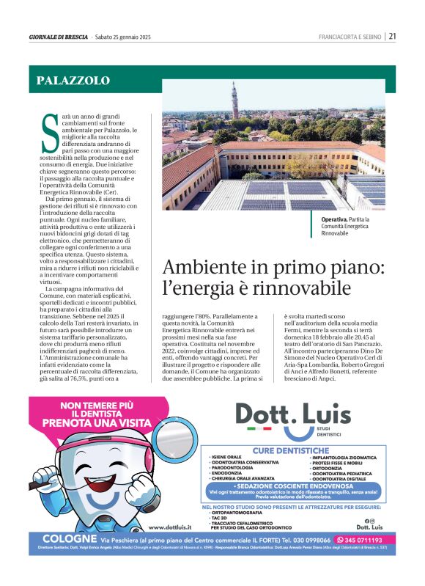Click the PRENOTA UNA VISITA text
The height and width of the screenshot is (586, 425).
point(97,423)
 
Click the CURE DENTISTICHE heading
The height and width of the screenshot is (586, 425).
point(291,450)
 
